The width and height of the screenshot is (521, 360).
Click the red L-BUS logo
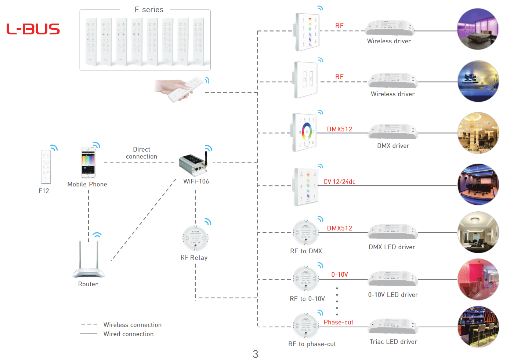click(33, 29)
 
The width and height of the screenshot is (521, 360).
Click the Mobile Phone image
click(88, 162)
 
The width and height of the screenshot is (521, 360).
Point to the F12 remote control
click(46, 167)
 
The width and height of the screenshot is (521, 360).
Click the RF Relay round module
click(195, 238)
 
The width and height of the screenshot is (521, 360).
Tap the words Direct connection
click(141, 153)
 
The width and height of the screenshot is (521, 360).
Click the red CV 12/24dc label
click(339, 182)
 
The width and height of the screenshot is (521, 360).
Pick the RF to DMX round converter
click(306, 232)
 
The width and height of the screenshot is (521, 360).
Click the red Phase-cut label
click(338, 322)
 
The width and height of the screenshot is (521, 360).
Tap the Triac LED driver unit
click(393, 327)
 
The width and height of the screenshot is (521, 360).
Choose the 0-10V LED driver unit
click(393, 280)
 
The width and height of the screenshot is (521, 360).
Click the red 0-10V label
click(340, 274)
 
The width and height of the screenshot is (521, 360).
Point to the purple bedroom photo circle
click(478, 29)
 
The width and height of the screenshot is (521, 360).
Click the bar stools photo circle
click(478, 327)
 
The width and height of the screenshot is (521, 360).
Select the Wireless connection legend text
click(133, 325)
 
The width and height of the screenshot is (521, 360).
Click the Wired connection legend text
click(129, 334)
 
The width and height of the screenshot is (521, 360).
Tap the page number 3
click(256, 354)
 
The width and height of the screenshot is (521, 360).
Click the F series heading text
click(149, 10)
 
